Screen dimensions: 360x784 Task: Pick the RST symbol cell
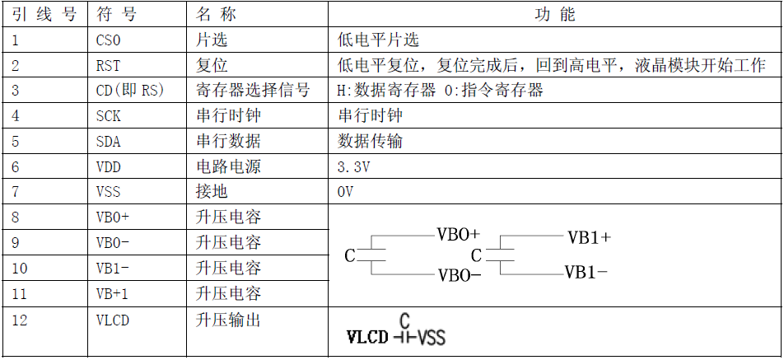[108, 65]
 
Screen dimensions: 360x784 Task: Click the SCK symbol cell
[108, 116]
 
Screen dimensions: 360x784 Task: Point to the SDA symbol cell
[108, 142]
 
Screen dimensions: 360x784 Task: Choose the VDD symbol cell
[108, 167]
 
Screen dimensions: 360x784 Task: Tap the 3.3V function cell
[353, 167]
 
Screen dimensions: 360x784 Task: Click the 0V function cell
[345, 192]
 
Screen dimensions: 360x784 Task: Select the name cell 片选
[212, 40]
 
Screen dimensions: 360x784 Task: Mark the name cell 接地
[212, 192]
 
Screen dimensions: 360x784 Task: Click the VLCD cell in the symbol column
[113, 320]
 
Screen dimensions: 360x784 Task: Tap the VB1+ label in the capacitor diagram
[589, 237]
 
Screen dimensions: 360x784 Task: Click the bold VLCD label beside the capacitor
[367, 337]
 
